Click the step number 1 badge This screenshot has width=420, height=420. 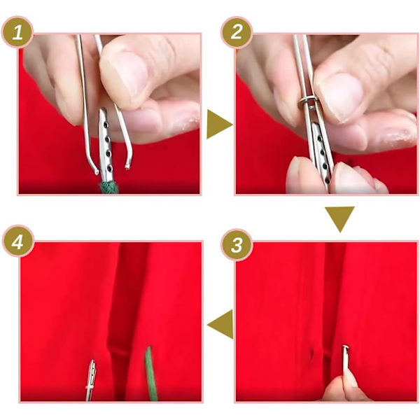coord(17,32)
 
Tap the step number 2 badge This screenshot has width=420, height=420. coord(237,32)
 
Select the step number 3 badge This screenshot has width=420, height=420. coord(237,245)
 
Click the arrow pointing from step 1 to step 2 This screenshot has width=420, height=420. coord(218,124)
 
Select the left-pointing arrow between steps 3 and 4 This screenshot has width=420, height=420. coord(221,324)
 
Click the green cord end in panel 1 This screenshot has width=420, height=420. coord(109,187)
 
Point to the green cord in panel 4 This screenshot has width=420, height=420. coord(150,374)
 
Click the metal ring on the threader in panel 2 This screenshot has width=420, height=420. coord(307,101)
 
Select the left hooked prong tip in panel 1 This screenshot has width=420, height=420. coord(96,172)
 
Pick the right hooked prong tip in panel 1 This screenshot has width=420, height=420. coord(127,167)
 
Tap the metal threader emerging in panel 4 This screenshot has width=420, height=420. coord(91,380)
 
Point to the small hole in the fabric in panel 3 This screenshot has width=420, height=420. coord(311,354)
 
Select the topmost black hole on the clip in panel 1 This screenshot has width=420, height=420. coord(106,125)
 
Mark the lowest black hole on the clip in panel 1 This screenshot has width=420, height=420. coord(110,168)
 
